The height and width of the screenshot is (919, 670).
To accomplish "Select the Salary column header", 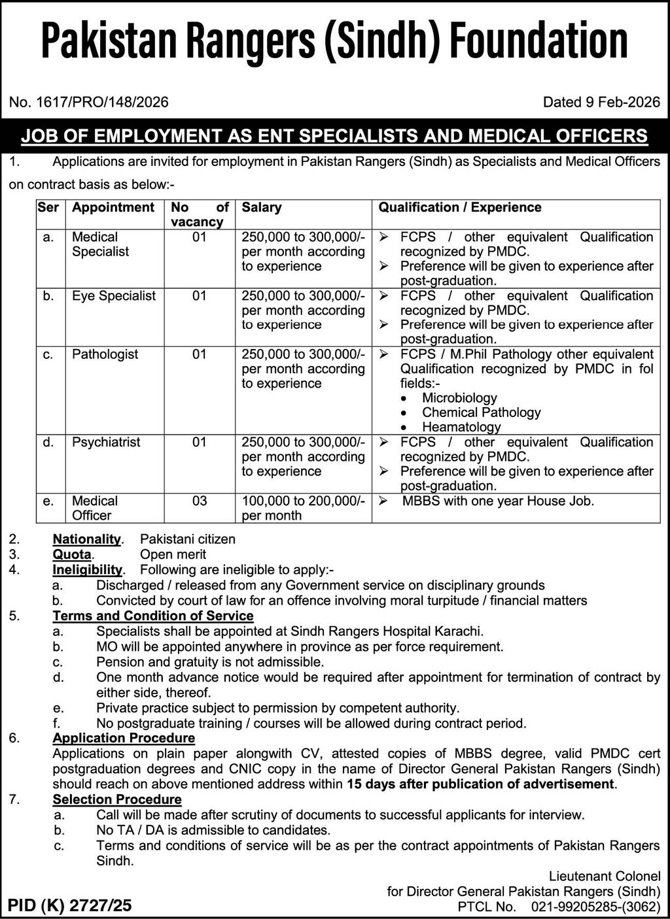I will [x=262, y=208].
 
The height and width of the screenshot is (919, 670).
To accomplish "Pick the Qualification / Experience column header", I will [x=460, y=208].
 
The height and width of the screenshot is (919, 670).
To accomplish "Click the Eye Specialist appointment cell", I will [x=114, y=296].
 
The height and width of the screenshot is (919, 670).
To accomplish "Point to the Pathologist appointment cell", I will [x=105, y=354].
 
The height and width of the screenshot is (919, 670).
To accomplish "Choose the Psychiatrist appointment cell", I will [x=106, y=443].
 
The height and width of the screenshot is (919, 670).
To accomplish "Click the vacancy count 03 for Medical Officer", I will [x=200, y=501].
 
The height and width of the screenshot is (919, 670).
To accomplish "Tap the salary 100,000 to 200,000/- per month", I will [x=303, y=508].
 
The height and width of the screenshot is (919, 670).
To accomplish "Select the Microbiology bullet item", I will [x=459, y=398].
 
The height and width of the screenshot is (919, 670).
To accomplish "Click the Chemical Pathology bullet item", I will [x=481, y=412].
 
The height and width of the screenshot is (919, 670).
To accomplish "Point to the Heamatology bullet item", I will [x=461, y=427].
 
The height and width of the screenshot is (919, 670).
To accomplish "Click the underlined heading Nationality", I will [x=87, y=540].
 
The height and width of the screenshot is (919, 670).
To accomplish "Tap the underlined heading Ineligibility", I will [x=88, y=570].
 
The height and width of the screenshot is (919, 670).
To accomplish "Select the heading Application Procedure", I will [x=124, y=739].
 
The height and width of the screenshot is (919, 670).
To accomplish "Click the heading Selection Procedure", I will [x=117, y=800].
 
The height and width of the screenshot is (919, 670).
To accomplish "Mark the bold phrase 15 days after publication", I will [x=480, y=784].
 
